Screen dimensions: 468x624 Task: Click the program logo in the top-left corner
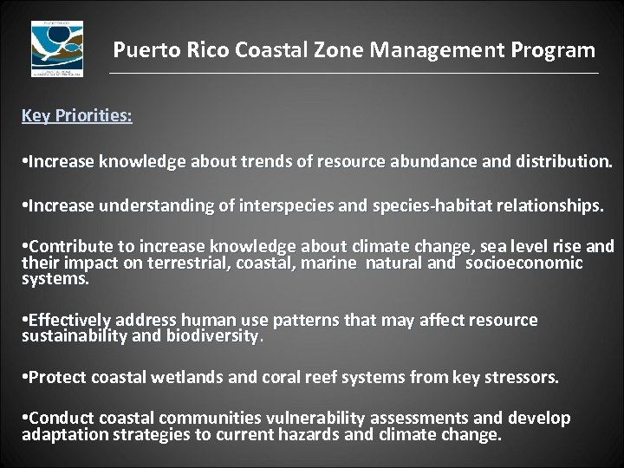[57, 49]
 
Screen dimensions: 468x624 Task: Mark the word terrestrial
[177, 263]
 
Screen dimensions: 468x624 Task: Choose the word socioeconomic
[524, 263]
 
